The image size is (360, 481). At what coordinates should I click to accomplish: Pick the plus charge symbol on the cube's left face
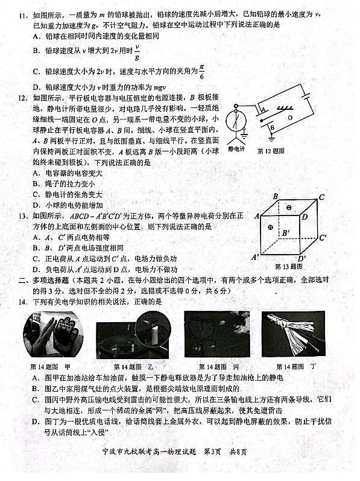coord(270,228)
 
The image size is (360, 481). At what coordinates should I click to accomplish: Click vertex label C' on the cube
coord(323,237)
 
